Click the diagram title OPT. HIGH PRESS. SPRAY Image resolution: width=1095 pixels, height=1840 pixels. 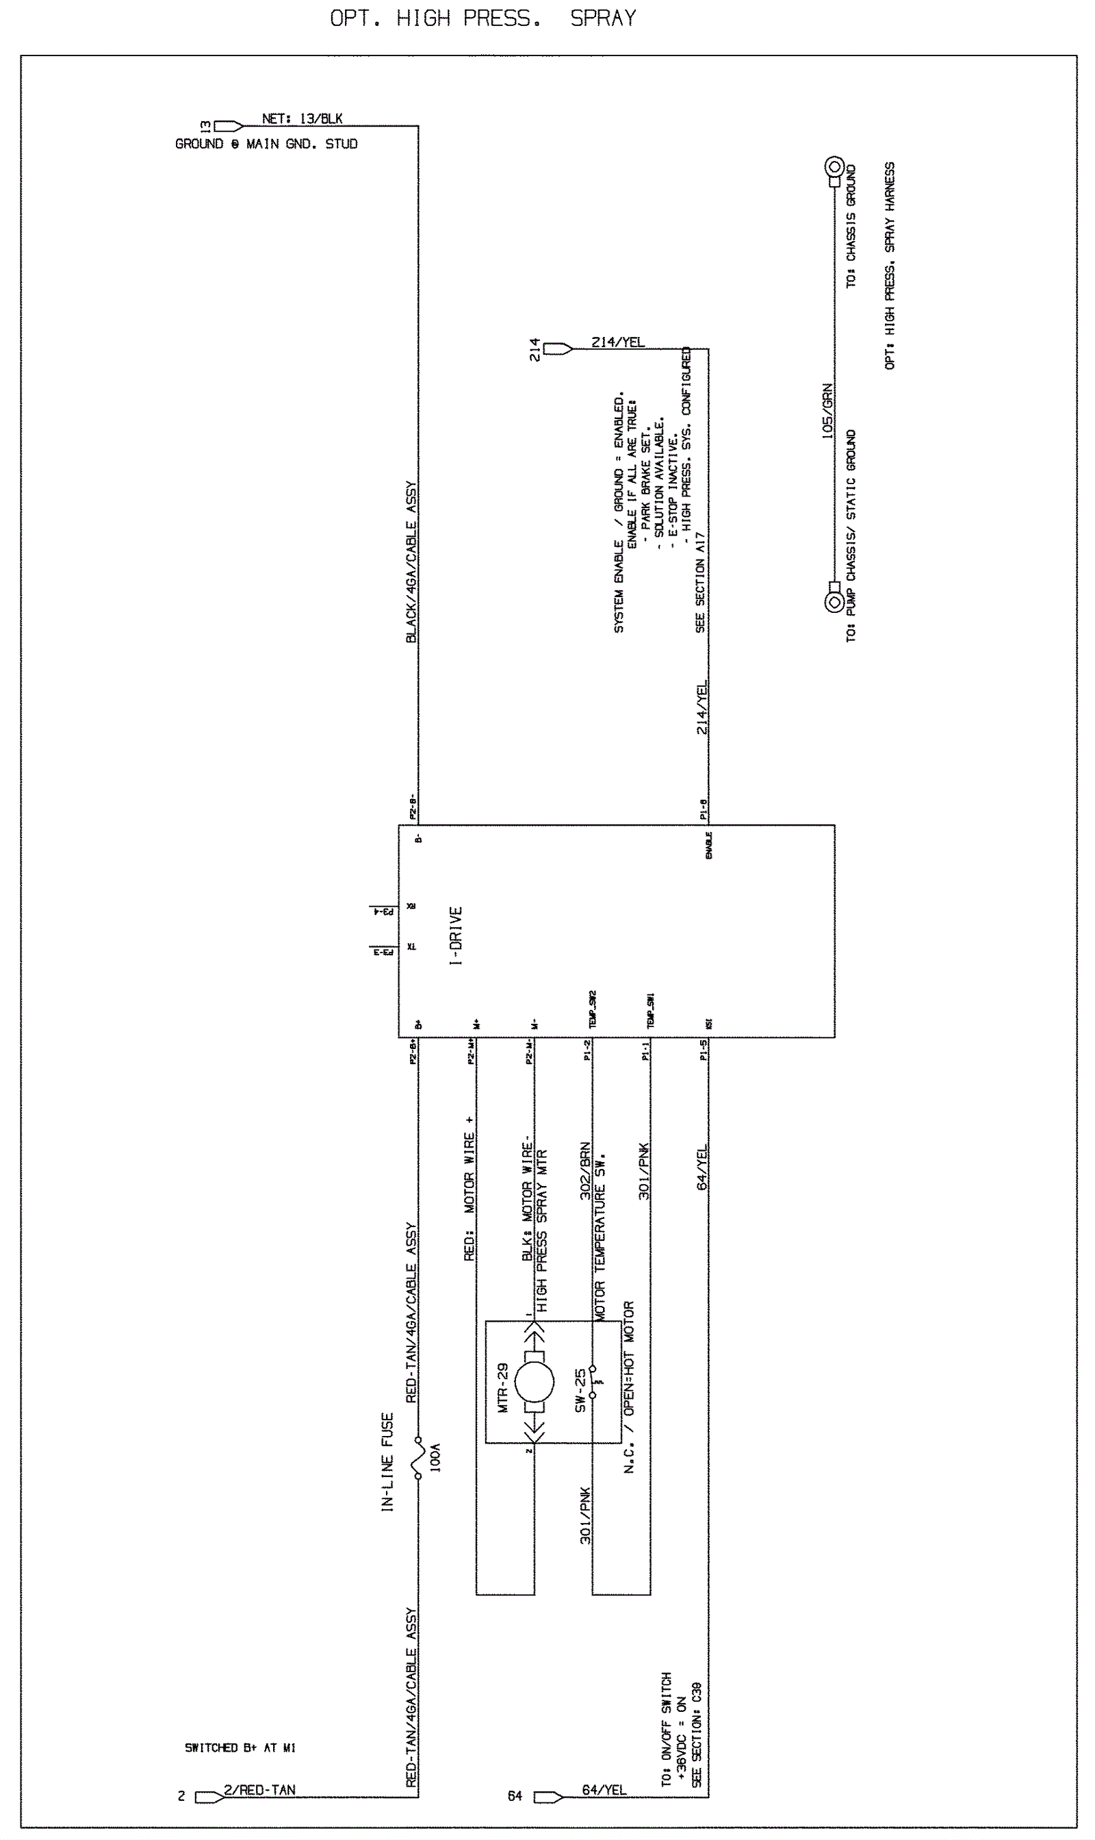(x=482, y=18)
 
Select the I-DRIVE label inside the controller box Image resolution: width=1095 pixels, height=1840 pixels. (x=456, y=936)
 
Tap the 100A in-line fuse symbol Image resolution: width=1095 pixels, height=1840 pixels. (x=418, y=1458)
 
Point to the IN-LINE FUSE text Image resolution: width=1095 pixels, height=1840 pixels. (x=388, y=1461)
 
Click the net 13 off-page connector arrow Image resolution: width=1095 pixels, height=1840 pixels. (x=229, y=126)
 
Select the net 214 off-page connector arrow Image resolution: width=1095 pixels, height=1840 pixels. (x=558, y=349)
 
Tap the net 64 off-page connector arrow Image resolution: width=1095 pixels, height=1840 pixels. (x=548, y=1797)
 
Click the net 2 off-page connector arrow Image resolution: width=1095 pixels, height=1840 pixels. (x=209, y=1797)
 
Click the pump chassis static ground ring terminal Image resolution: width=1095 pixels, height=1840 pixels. (x=834, y=602)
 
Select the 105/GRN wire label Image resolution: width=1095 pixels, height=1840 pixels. (x=827, y=410)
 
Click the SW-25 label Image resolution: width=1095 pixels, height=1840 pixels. (x=581, y=1391)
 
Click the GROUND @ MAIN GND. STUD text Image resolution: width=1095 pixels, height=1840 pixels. (x=266, y=144)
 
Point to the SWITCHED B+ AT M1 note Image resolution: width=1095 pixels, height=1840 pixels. (x=240, y=1748)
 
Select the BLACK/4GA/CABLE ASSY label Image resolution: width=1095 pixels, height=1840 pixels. (x=412, y=562)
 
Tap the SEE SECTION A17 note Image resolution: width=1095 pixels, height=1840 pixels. (x=699, y=582)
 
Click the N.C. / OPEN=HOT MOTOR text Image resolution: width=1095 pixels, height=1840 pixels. (x=629, y=1387)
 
